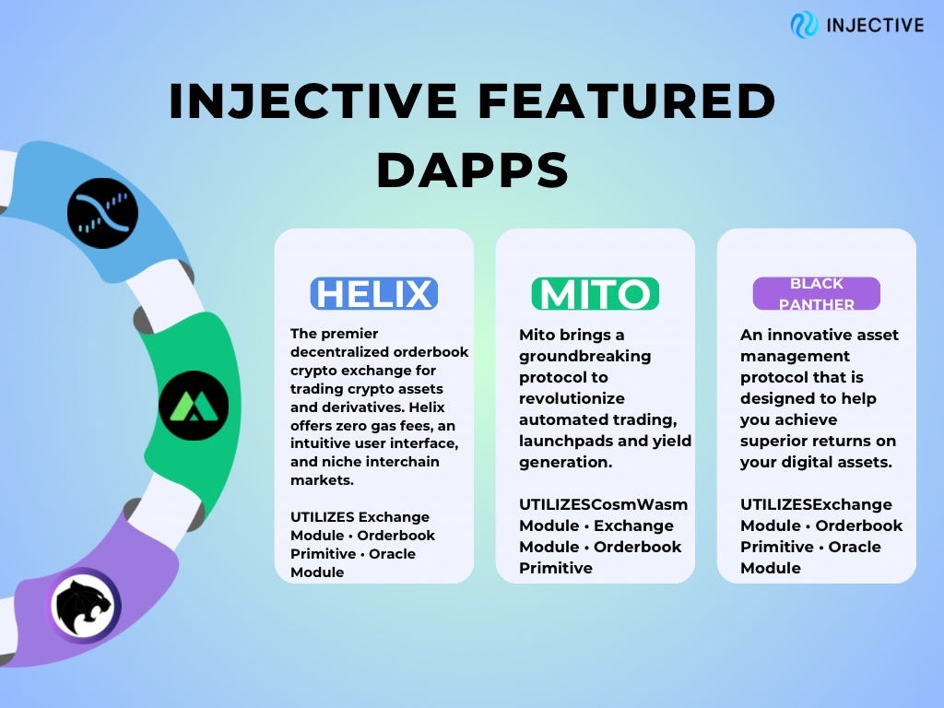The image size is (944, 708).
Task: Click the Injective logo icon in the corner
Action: click(804, 24)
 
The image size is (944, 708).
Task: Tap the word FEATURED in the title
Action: click(621, 102)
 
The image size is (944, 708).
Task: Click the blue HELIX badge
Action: click(373, 294)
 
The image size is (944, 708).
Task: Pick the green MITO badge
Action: click(595, 294)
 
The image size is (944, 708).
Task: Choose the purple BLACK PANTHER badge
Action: click(816, 294)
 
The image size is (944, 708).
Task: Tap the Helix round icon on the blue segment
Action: click(102, 213)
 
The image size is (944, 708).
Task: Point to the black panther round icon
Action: click(84, 606)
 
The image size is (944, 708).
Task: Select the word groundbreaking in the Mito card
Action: click(584, 356)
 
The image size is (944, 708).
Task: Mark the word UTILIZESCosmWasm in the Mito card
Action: click(604, 504)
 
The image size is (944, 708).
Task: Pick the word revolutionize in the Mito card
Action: click(572, 398)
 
